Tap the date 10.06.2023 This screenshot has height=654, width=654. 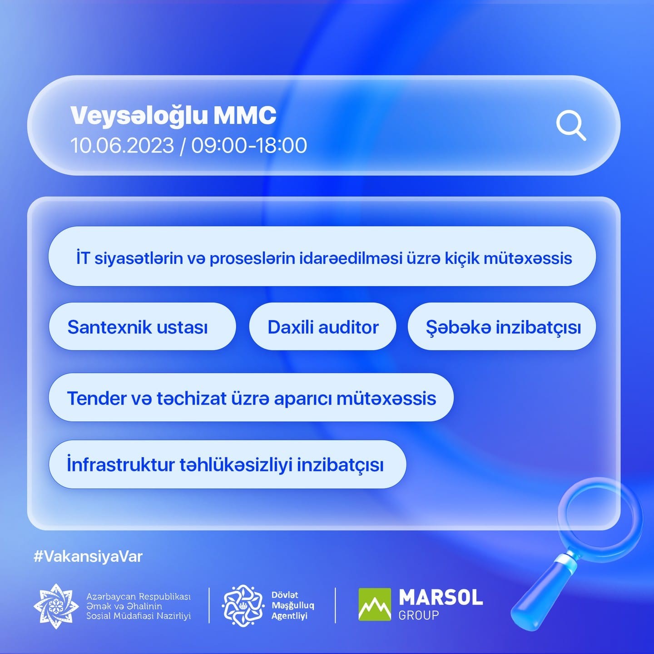click(x=122, y=146)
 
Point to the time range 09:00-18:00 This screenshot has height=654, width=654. click(x=249, y=146)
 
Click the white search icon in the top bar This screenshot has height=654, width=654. click(x=571, y=125)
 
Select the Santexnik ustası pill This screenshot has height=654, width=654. click(x=142, y=327)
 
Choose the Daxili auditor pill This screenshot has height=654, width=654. click(x=322, y=327)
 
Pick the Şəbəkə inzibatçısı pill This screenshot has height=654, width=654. click(x=501, y=327)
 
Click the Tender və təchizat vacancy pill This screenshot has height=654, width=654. click(x=251, y=397)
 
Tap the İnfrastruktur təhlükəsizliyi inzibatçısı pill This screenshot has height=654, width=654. click(x=228, y=464)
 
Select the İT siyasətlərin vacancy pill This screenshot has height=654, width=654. click(x=322, y=256)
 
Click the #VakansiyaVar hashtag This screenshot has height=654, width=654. click(x=88, y=557)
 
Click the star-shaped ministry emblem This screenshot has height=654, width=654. click(x=56, y=606)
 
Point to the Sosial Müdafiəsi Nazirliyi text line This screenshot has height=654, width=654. click(x=139, y=616)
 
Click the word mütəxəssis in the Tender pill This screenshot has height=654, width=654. click(x=386, y=398)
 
